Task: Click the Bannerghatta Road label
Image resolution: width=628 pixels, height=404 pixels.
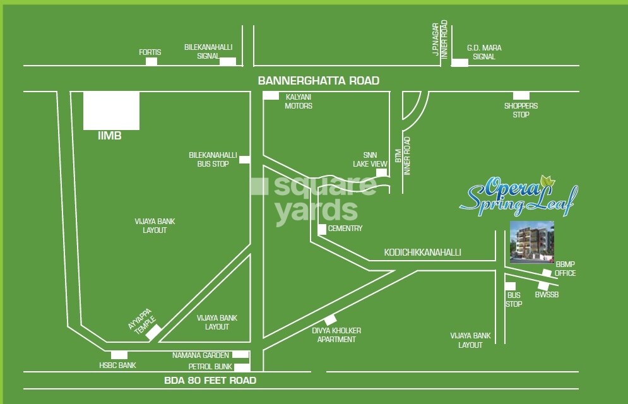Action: (319, 81)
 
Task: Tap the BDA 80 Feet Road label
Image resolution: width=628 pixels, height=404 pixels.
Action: (210, 380)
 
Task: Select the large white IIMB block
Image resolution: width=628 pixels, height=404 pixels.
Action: (111, 110)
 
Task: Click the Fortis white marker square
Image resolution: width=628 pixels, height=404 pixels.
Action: (151, 61)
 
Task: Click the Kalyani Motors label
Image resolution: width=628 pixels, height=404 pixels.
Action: (299, 102)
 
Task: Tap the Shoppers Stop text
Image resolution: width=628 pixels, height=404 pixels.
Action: (521, 110)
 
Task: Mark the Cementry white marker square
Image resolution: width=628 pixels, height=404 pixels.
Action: (322, 229)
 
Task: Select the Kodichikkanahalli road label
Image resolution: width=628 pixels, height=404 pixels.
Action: (423, 252)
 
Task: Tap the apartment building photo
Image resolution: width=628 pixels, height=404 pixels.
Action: (531, 242)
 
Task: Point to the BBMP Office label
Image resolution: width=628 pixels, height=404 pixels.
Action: (565, 268)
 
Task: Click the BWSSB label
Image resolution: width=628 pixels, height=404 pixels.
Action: (547, 295)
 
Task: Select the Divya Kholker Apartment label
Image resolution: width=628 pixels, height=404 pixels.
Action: (336, 335)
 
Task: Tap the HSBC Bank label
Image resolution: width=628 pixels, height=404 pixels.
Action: (117, 365)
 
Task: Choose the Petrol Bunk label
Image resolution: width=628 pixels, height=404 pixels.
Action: (210, 366)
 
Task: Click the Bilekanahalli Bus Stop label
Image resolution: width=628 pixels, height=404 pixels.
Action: (213, 159)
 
